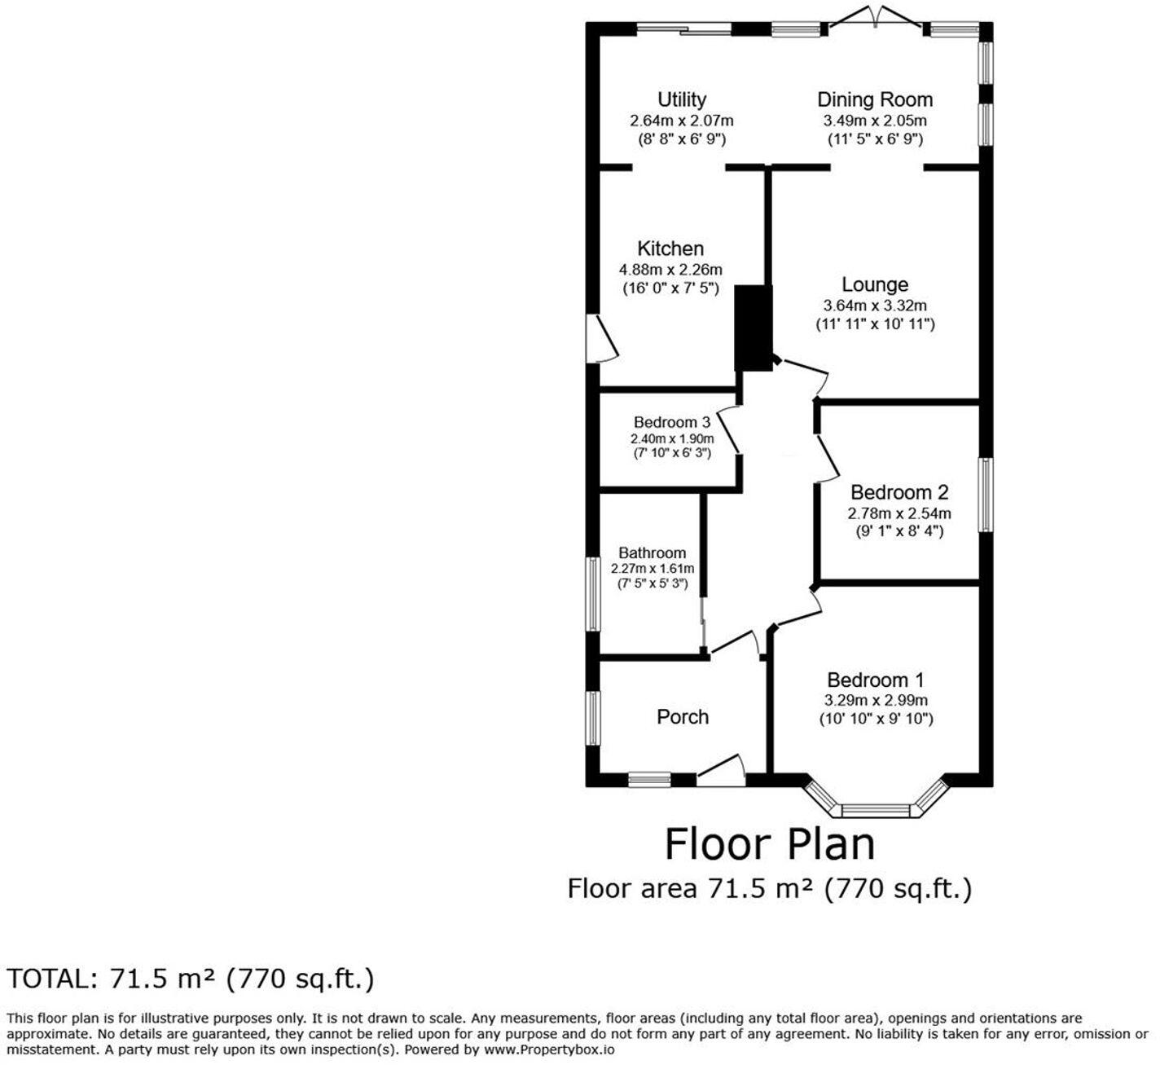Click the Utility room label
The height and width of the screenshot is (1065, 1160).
click(681, 100)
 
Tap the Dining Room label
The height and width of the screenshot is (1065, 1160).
click(875, 100)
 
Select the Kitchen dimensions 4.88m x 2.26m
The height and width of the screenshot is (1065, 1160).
click(670, 270)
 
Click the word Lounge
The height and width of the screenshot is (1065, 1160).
click(875, 284)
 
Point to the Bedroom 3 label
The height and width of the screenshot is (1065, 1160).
click(672, 422)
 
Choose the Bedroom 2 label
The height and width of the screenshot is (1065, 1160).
click(899, 492)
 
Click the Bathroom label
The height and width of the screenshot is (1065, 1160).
click(652, 553)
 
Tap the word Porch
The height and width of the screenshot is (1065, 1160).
click(683, 717)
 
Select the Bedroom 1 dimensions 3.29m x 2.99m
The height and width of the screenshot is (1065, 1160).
click(876, 700)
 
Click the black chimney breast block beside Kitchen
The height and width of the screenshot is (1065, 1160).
click(754, 328)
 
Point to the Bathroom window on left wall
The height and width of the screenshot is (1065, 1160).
click(593, 593)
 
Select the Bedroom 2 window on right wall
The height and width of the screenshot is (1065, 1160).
click(986, 495)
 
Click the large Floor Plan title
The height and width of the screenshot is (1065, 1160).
click(770, 844)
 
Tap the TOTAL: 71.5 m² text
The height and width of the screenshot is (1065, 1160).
click(191, 979)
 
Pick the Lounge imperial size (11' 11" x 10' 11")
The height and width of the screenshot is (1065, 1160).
click(875, 324)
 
